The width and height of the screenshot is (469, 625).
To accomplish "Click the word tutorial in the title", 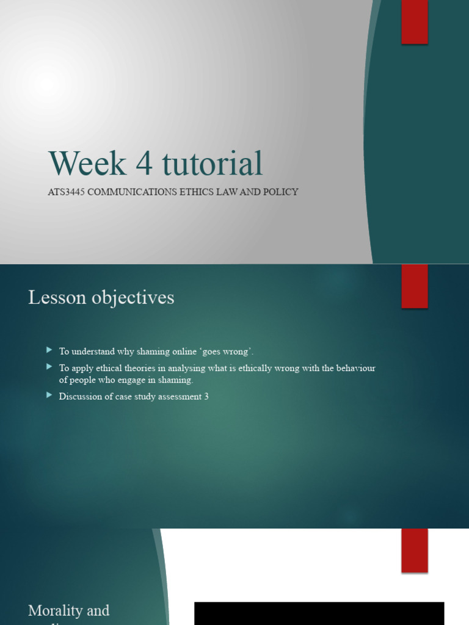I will point(213,164).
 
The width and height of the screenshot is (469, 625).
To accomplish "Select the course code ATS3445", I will point(66,192).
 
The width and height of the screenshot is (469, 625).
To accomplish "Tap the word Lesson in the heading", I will point(56,298).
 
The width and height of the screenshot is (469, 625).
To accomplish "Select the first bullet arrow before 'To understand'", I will point(49,350).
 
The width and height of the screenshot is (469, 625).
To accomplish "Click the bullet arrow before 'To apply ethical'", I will point(49,367).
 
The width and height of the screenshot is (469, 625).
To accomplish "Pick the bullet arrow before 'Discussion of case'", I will point(49,396).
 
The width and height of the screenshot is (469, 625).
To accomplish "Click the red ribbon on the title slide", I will point(414,21).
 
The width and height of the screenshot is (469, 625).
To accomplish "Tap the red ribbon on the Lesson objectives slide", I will point(414,286).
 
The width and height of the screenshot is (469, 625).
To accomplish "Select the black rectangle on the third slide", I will point(319,613).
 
